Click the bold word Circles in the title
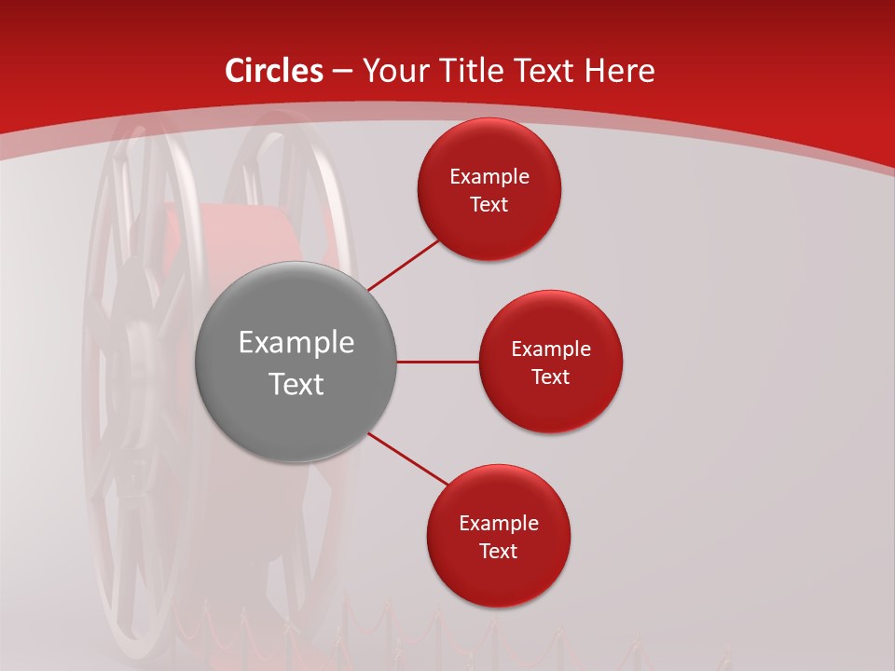(x=274, y=71)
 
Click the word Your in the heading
(x=392, y=71)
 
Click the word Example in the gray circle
(x=296, y=343)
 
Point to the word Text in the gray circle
(x=296, y=384)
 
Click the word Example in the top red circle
(x=489, y=177)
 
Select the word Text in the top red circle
(x=489, y=205)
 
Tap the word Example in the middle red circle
(x=550, y=349)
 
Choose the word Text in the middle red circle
(x=550, y=377)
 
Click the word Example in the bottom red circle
(x=498, y=524)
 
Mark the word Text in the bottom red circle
(x=498, y=552)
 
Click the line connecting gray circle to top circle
(x=404, y=265)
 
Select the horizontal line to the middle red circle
(x=437, y=362)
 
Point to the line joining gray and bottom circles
(x=408, y=459)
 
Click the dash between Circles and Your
(x=341, y=72)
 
